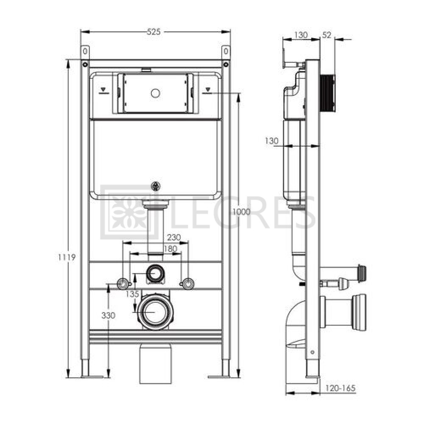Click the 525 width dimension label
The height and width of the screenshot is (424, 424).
[153, 32]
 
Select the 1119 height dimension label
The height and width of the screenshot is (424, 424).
[67, 257]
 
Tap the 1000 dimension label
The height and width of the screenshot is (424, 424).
[242, 212]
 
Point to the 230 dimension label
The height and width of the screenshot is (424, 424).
[173, 237]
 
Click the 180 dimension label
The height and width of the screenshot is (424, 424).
[170, 248]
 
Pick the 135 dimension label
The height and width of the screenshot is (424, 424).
[132, 294]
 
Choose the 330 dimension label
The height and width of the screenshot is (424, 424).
[109, 315]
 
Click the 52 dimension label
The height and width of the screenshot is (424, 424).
[326, 35]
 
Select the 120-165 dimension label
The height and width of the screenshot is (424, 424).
[340, 388]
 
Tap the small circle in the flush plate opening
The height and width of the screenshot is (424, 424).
[156, 93]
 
